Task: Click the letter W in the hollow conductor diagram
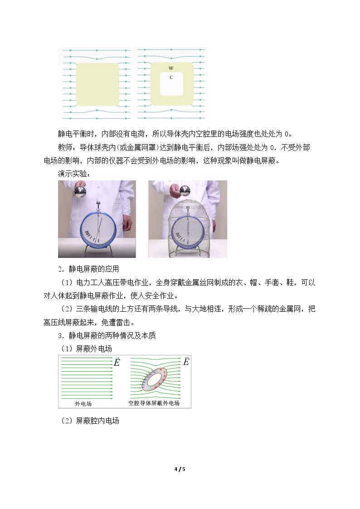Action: (171, 68)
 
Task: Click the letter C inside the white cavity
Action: (171, 78)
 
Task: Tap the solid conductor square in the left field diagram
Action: (97, 84)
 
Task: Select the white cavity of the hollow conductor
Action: (171, 84)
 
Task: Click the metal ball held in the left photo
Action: (80, 191)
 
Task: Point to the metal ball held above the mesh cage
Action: (185, 191)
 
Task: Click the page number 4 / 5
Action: (180, 469)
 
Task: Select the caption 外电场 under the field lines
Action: (83, 403)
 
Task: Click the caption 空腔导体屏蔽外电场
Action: (154, 403)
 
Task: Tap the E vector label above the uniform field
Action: (117, 362)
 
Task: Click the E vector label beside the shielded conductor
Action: (186, 361)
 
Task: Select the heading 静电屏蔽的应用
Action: (94, 269)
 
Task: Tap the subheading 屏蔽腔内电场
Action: (97, 421)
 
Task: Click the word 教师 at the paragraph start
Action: (65, 147)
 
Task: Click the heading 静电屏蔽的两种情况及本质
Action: (112, 335)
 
